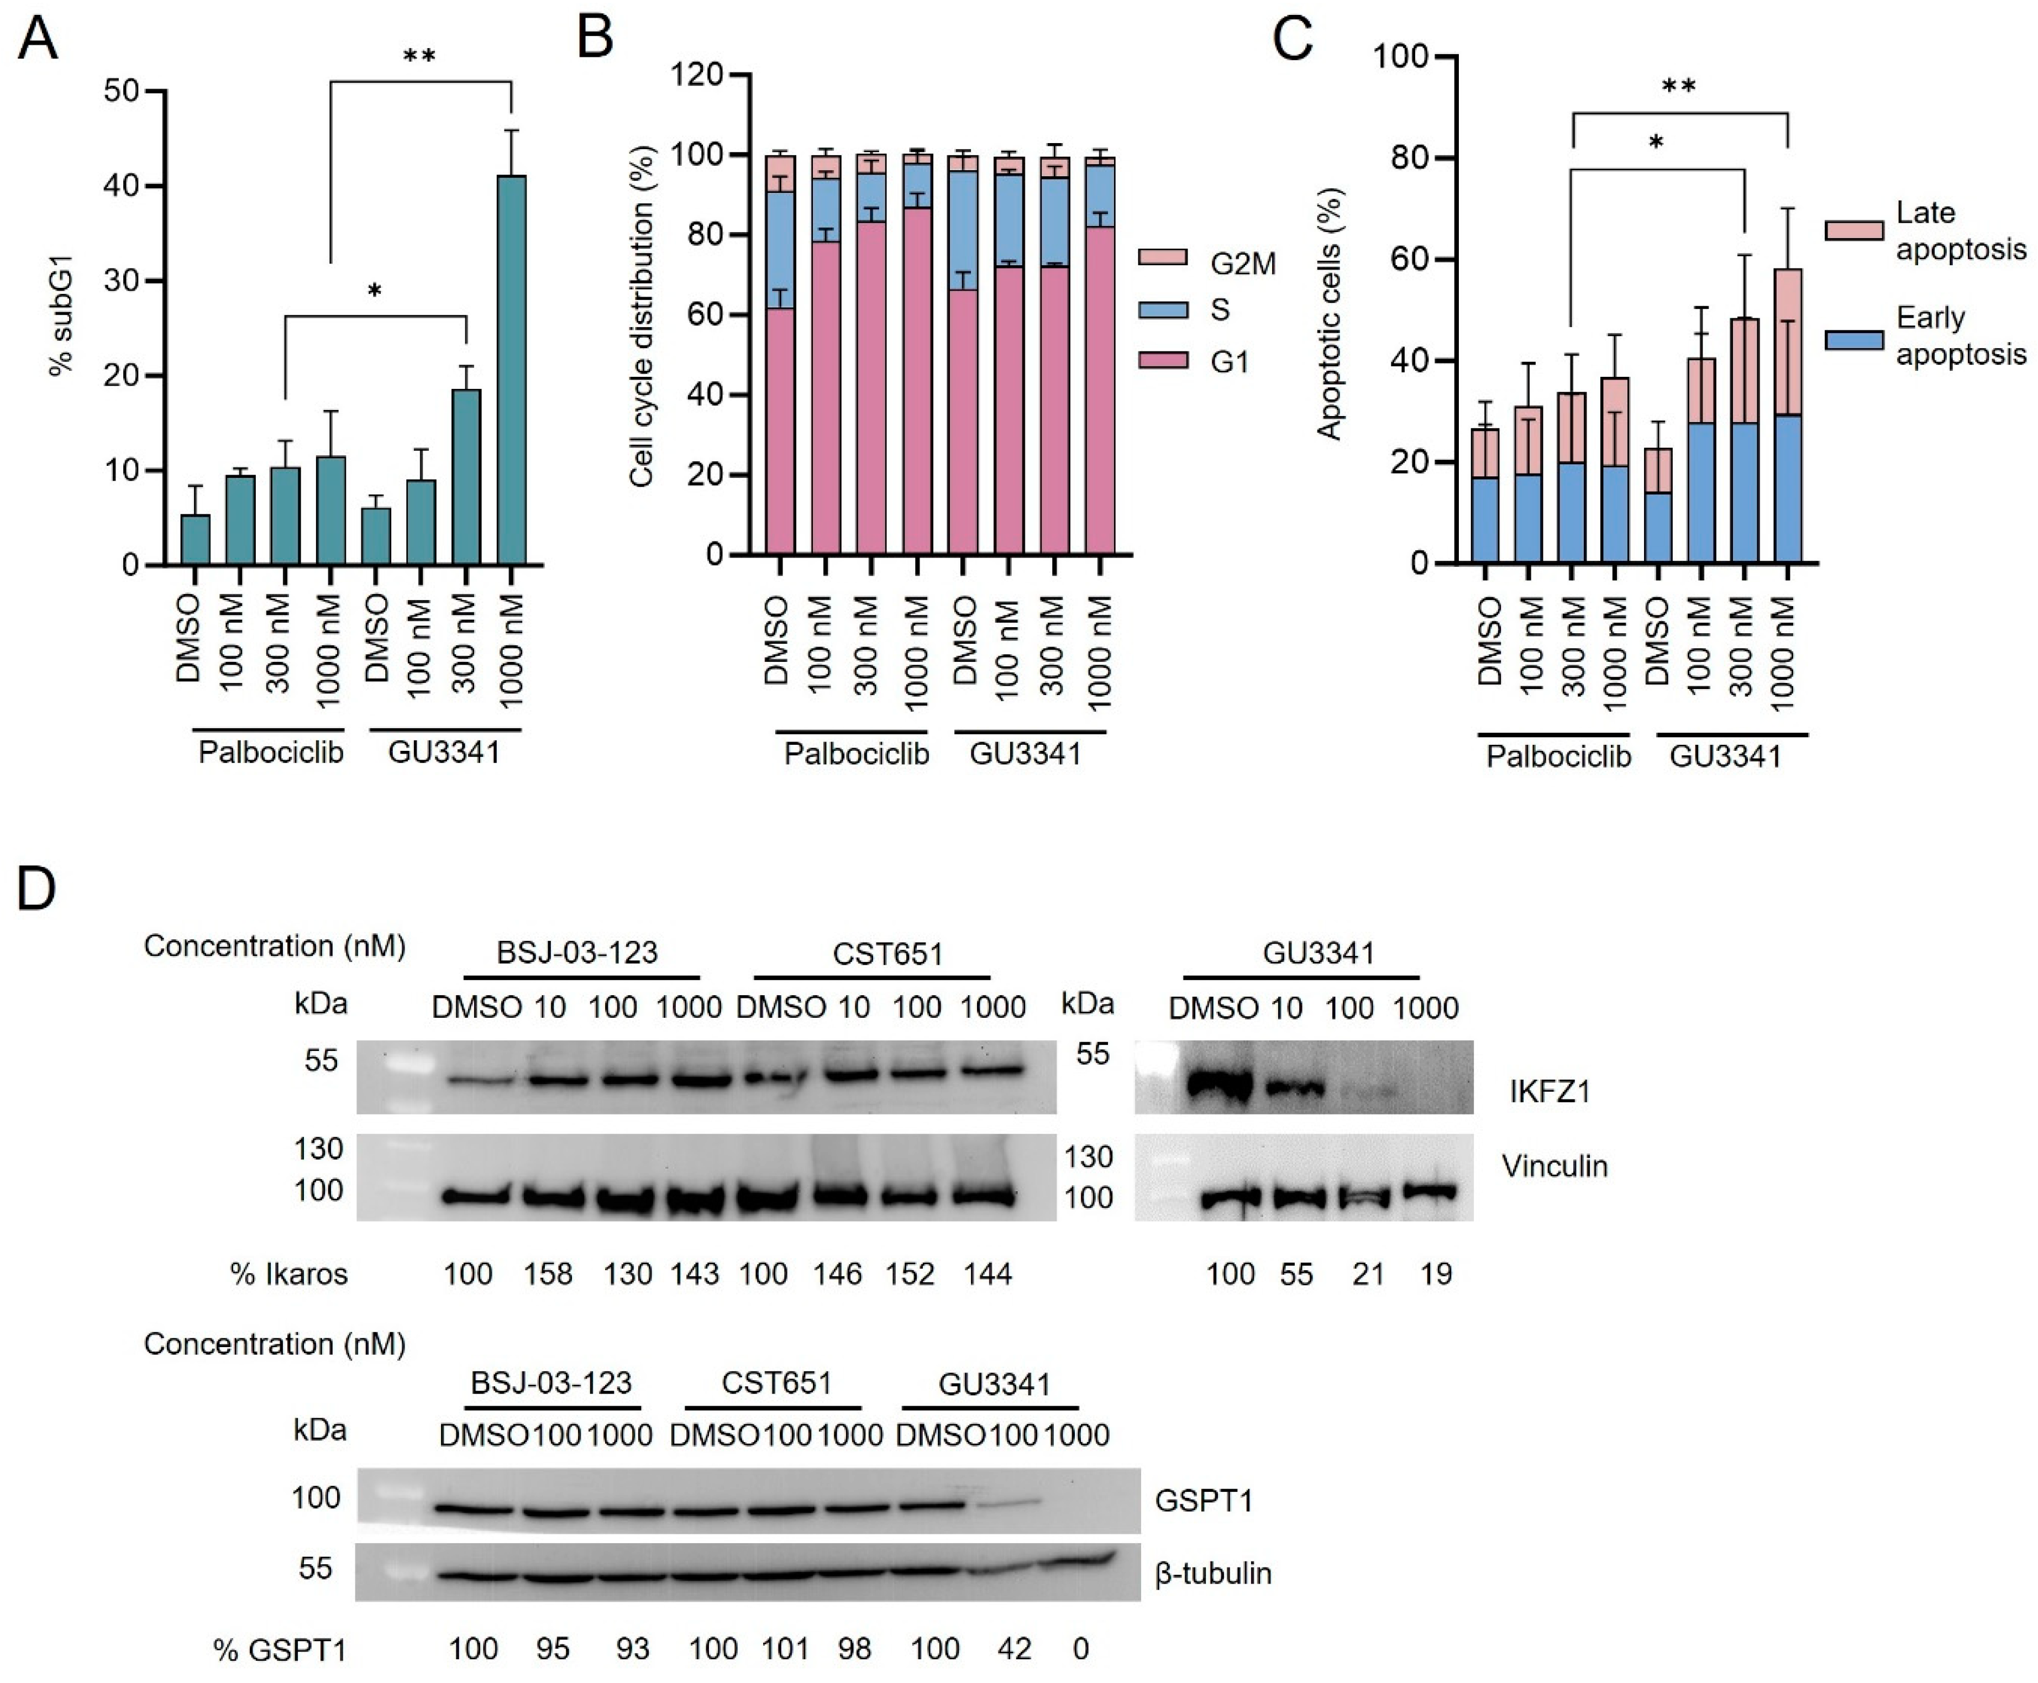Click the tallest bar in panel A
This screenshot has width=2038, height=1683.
511,369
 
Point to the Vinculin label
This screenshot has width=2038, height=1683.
1554,1166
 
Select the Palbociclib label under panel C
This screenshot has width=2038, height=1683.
1558,756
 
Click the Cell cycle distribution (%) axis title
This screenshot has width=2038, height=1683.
642,315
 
